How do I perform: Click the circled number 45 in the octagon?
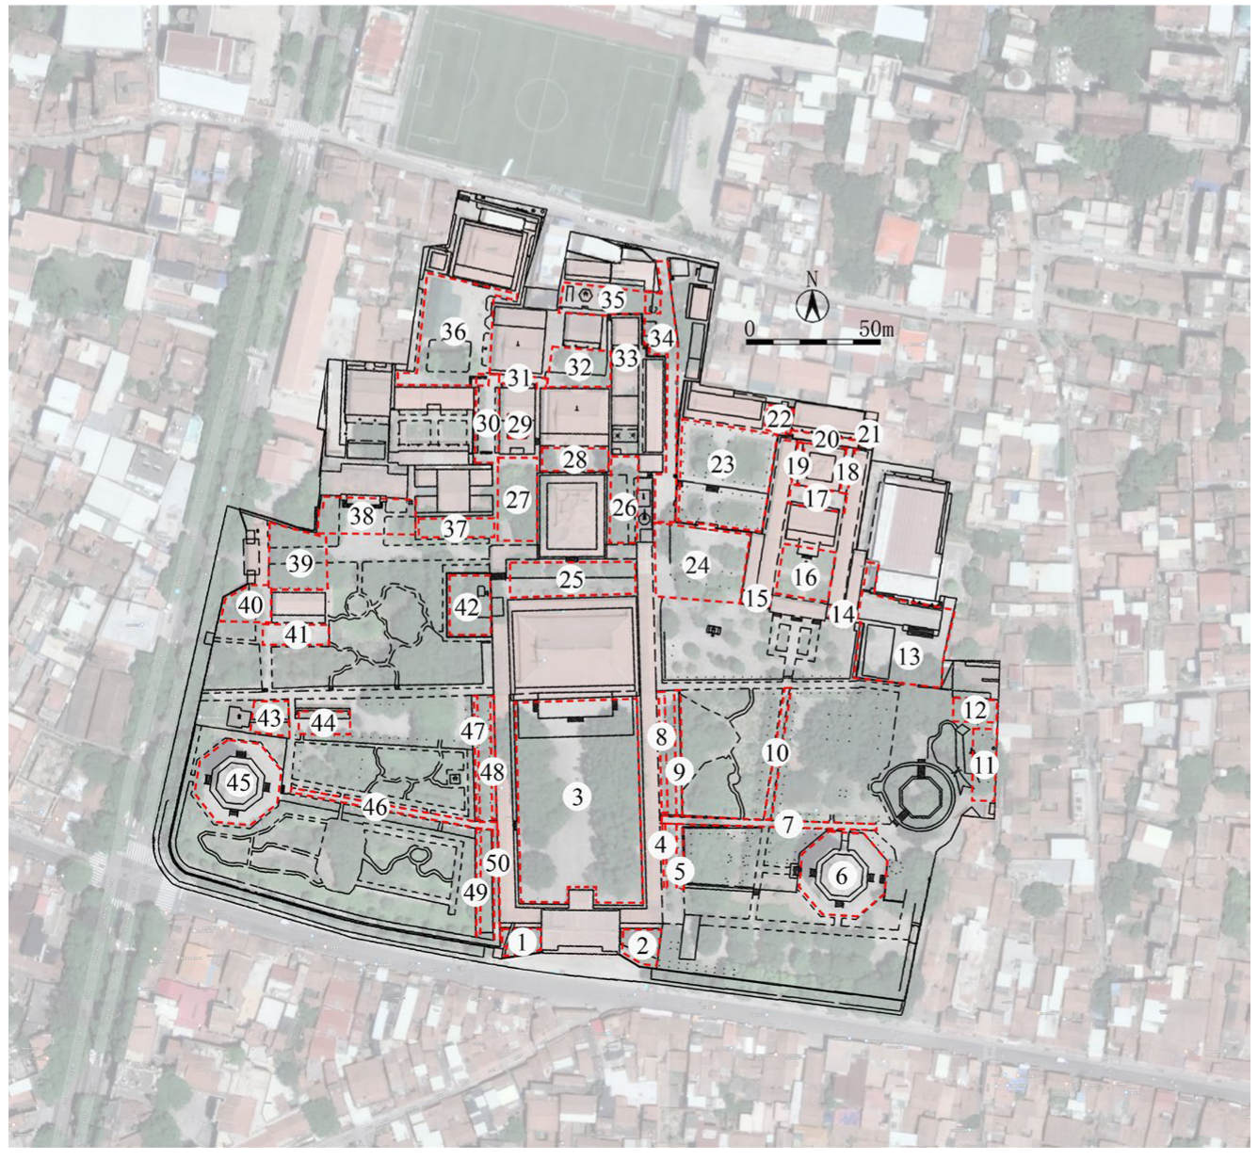(239, 781)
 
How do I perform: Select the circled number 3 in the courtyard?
(577, 797)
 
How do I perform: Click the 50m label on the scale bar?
(875, 330)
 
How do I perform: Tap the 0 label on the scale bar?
(749, 330)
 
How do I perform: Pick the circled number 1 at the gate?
(525, 940)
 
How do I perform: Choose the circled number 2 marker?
(643, 945)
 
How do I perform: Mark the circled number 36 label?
(454, 332)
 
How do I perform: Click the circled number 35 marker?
(612, 301)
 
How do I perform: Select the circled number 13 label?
(909, 655)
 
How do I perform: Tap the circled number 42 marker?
(467, 608)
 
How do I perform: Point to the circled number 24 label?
(697, 566)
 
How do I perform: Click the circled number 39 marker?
(300, 565)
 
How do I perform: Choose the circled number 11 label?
(983, 765)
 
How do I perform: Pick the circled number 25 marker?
(571, 579)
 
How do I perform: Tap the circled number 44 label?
(323, 723)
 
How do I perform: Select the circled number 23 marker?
(722, 464)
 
